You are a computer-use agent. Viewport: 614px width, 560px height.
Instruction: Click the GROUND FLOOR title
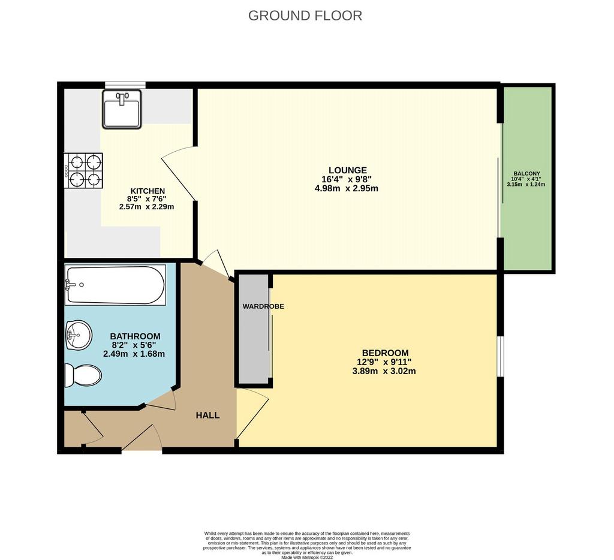pyautogui.click(x=305, y=16)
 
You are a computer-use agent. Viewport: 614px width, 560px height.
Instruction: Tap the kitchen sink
pyautogui.click(x=122, y=109)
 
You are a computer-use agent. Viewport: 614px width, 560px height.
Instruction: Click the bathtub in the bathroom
pyautogui.click(x=115, y=285)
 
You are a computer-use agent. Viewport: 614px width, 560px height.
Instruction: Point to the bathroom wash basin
pyautogui.click(x=79, y=335)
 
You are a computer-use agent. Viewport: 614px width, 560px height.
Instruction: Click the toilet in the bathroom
pyautogui.click(x=83, y=375)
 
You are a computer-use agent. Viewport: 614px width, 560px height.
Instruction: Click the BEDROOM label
pyautogui.click(x=386, y=353)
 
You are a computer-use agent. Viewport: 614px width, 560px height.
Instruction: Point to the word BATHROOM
pyautogui.click(x=135, y=336)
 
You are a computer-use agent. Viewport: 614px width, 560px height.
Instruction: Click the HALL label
pyautogui.click(x=207, y=416)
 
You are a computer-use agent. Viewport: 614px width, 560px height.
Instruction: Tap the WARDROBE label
pyautogui.click(x=263, y=306)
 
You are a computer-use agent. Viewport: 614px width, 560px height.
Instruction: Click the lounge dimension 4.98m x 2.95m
pyautogui.click(x=347, y=188)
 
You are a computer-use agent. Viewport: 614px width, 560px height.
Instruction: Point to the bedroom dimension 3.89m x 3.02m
pyautogui.click(x=384, y=371)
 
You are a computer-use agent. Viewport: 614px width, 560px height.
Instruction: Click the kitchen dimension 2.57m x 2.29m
pyautogui.click(x=146, y=206)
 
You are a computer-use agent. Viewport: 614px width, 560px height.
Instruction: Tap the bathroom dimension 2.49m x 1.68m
pyautogui.click(x=134, y=354)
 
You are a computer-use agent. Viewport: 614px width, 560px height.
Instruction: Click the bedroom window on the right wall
pyautogui.click(x=501, y=356)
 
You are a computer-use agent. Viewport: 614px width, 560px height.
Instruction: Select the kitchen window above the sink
pyautogui.click(x=125, y=85)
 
